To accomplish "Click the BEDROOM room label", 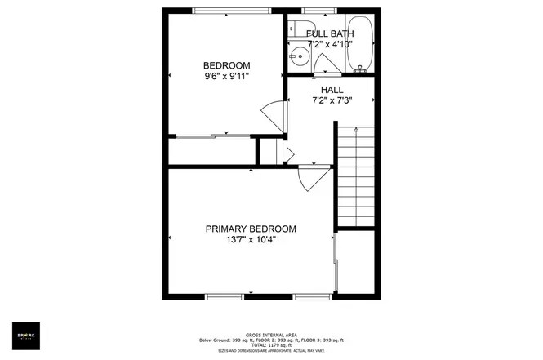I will click(226, 65).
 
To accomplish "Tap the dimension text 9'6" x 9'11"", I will click(226, 77).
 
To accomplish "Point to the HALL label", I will click(332, 90).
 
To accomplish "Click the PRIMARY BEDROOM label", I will click(251, 229).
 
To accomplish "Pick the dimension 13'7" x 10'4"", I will click(251, 241).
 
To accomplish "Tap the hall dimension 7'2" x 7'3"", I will click(332, 101).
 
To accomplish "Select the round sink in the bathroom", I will click(300, 58).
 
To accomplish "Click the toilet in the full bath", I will click(294, 28).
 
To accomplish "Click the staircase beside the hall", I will click(357, 176).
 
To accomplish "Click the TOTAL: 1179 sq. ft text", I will click(271, 344).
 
